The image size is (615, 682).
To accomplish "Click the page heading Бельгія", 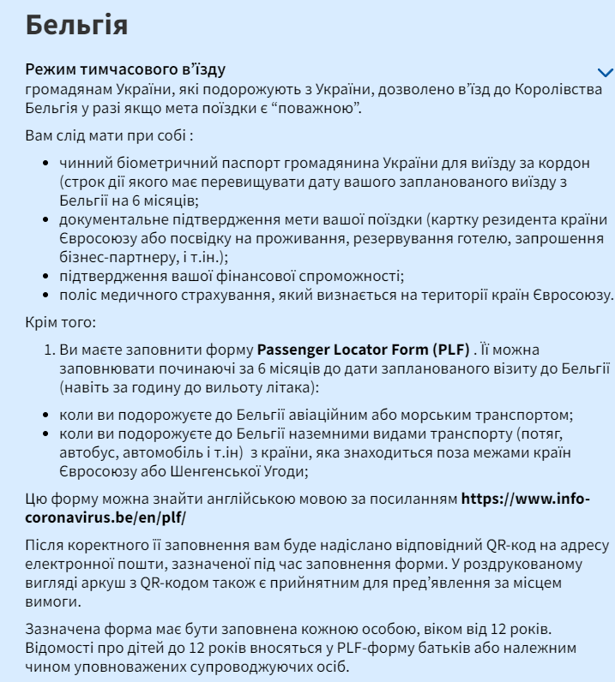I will [77, 25].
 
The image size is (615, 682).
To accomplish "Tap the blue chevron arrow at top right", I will [606, 73].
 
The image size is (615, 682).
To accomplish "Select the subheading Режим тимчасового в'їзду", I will [126, 69].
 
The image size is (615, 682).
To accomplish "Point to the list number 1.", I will [49, 350].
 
